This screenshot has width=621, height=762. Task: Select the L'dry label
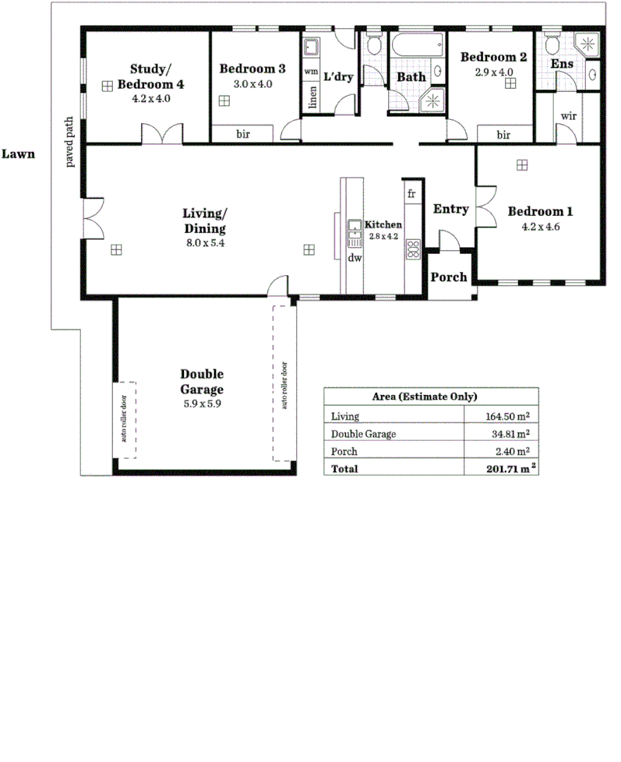click(x=338, y=77)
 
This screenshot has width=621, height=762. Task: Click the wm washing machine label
click(x=310, y=72)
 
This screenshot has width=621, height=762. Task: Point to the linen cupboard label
click(x=312, y=99)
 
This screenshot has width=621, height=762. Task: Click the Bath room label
click(x=411, y=77)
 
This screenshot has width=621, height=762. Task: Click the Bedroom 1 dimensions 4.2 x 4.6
click(x=541, y=228)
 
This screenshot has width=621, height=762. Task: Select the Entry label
click(x=450, y=209)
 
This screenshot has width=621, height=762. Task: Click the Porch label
click(x=450, y=277)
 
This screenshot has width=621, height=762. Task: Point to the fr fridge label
click(x=411, y=193)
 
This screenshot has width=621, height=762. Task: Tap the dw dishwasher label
click(x=355, y=258)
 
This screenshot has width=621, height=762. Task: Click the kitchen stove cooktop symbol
click(x=412, y=249)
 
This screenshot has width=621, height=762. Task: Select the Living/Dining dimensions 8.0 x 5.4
click(x=203, y=244)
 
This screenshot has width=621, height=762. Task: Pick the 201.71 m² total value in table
click(x=507, y=469)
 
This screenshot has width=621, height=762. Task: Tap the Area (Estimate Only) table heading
click(x=430, y=396)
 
